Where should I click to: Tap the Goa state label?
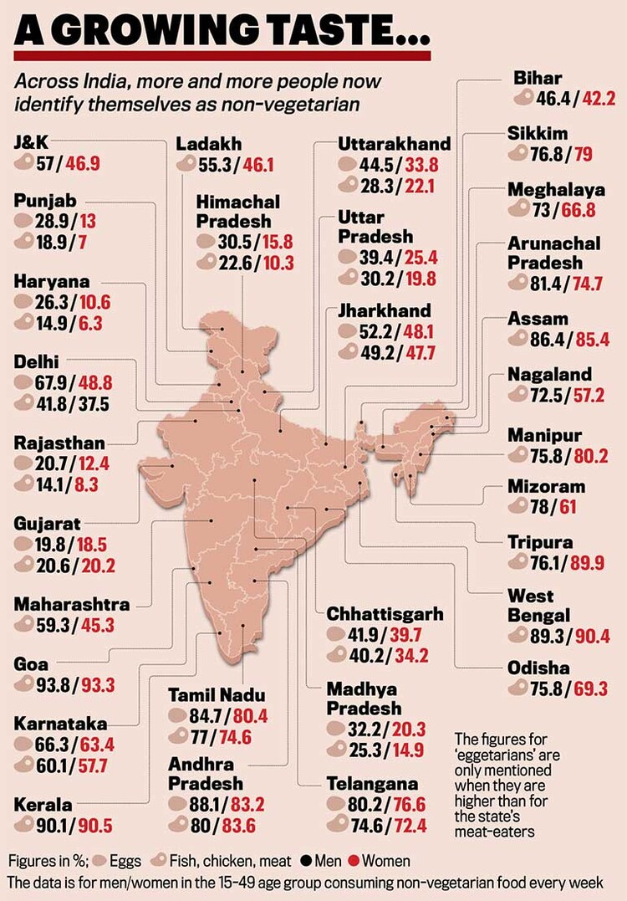pyautogui.click(x=32, y=664)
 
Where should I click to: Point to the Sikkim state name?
pyautogui.click(x=538, y=134)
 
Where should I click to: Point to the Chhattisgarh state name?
pyautogui.click(x=385, y=614)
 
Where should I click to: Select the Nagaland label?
pyautogui.click(x=549, y=374)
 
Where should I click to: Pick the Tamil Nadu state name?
pyautogui.click(x=217, y=695)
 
